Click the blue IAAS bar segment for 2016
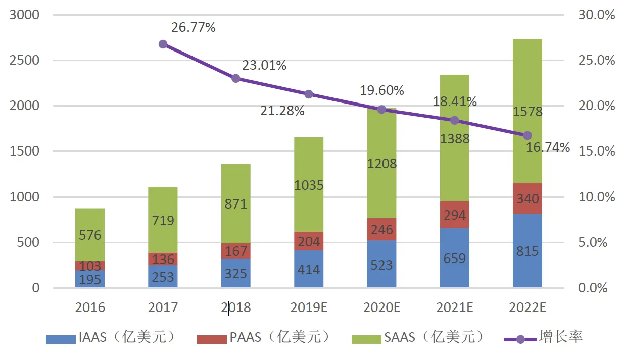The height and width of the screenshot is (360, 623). [90, 279]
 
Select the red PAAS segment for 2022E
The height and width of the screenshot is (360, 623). [528, 198]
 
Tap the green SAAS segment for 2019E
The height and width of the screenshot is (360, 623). [309, 185]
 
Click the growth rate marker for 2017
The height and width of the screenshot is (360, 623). [163, 44]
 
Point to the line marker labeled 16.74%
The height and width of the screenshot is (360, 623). [528, 135]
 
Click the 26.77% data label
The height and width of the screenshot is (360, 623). [194, 27]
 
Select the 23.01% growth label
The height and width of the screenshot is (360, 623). [265, 65]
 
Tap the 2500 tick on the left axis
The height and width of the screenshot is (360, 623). [25, 61]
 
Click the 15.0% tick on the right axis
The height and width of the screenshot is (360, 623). [597, 151]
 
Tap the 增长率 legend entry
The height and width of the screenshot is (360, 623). [543, 337]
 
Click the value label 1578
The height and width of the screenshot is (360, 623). [528, 111]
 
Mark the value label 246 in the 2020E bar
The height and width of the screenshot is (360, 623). [381, 230]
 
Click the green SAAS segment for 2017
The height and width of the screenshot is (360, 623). [163, 220]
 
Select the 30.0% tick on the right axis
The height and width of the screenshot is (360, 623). [597, 15]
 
